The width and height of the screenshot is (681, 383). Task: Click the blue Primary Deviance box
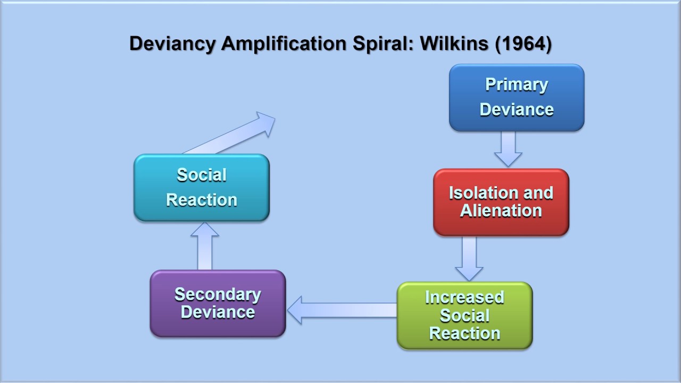coord(517,97)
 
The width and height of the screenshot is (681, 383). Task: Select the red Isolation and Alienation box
coord(501,202)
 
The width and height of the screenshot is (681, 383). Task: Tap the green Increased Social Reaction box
coord(464,315)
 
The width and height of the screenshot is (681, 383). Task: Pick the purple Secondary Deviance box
coord(218,303)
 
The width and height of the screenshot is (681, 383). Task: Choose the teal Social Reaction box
coord(202,187)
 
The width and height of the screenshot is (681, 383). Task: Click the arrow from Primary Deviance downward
coord(508,148)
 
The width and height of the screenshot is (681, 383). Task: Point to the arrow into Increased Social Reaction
coord(469,259)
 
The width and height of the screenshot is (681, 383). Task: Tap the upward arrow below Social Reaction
coord(205,246)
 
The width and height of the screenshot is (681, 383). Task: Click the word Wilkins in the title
coord(454,44)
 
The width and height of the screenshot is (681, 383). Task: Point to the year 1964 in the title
coord(523,44)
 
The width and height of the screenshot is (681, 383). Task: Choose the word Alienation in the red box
coord(501,211)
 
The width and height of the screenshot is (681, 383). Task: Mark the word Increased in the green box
coord(464,297)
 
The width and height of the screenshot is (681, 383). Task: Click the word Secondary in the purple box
coord(218,294)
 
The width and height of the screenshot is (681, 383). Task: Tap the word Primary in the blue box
coord(517,85)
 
